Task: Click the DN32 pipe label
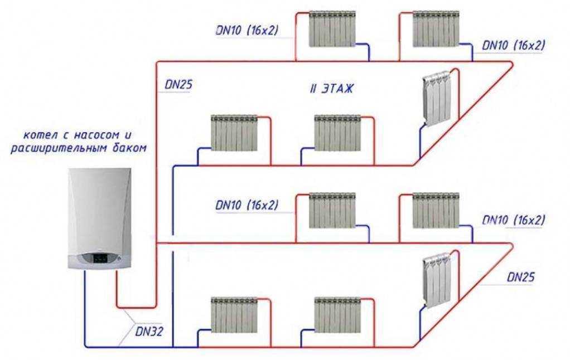pyautogui.click(x=149, y=332)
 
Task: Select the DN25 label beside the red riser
pyautogui.click(x=178, y=85)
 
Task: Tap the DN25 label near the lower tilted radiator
pyautogui.click(x=521, y=278)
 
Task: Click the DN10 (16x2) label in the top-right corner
pyautogui.click(x=514, y=45)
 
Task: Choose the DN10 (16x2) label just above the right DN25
pyautogui.click(x=514, y=220)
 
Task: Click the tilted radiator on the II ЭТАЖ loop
pyautogui.click(x=437, y=99)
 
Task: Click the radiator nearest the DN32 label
pyautogui.click(x=234, y=315)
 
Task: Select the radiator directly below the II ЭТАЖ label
pyautogui.click(x=338, y=133)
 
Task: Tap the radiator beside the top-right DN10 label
pyautogui.click(x=436, y=29)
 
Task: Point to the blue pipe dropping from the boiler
pyautogui.click(x=85, y=309)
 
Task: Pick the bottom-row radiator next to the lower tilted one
pyautogui.click(x=338, y=315)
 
